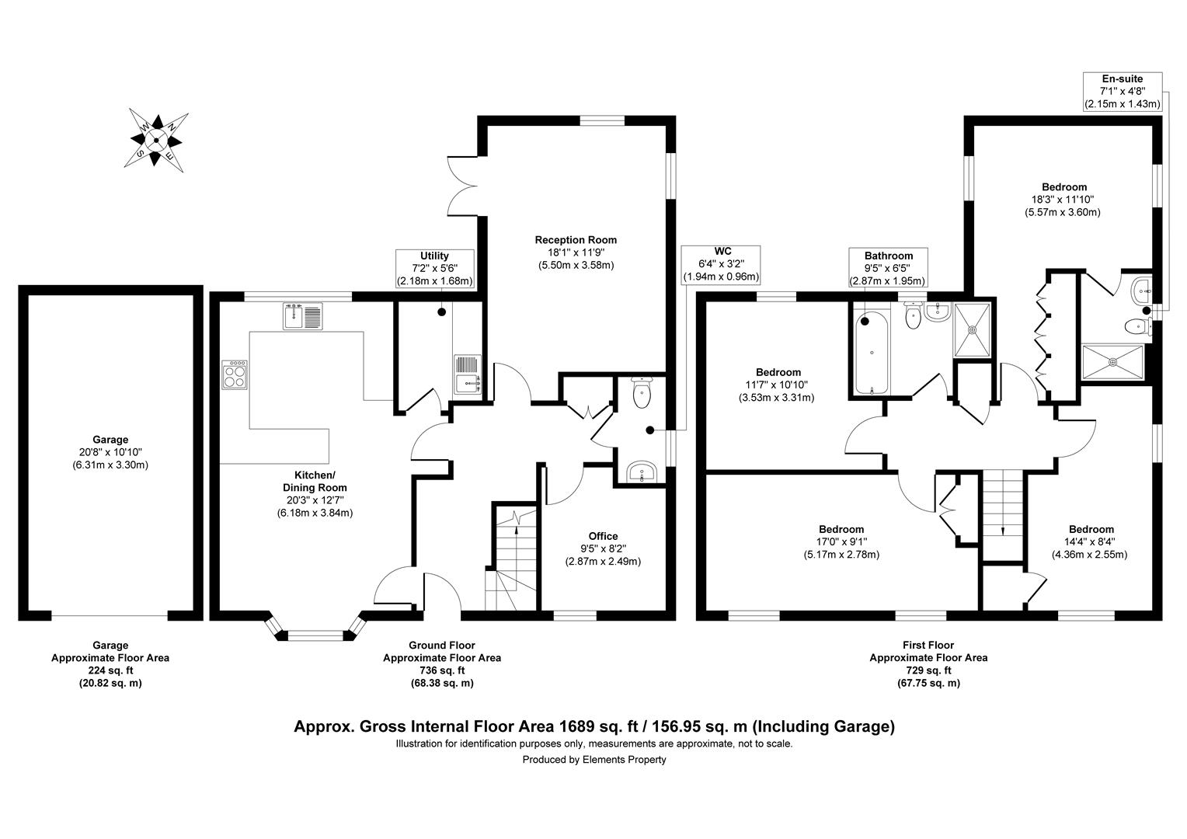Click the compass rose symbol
coord(156,141)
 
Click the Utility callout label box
coord(435,268)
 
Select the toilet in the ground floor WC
coord(642,393)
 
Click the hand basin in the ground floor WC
coord(642,472)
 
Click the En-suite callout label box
coord(1123,91)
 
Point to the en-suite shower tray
coord(1112,361)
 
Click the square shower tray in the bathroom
coord(973,329)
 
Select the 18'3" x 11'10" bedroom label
coord(1063,199)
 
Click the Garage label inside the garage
coord(110,452)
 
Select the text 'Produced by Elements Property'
coord(593,760)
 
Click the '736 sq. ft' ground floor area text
coord(441,670)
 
